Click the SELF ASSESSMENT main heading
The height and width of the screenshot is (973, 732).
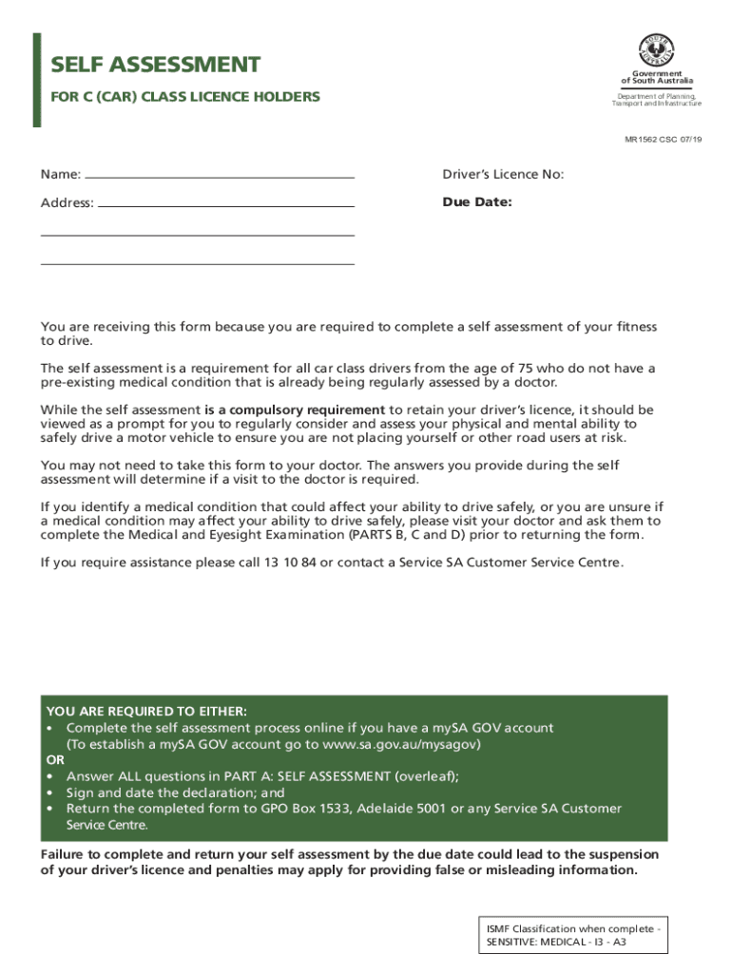(155, 65)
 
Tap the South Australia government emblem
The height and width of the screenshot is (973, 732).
(656, 49)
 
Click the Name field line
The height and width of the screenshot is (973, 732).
(220, 177)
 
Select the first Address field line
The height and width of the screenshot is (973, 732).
(226, 205)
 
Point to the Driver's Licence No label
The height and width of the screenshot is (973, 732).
(503, 175)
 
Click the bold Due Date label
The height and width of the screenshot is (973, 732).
(477, 201)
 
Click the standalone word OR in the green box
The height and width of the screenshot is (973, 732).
(55, 760)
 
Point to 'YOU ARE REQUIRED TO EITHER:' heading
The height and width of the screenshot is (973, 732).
(146, 712)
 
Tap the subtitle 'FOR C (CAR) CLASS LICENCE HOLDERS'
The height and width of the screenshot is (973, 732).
(185, 97)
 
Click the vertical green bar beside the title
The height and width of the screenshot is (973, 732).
(36, 80)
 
